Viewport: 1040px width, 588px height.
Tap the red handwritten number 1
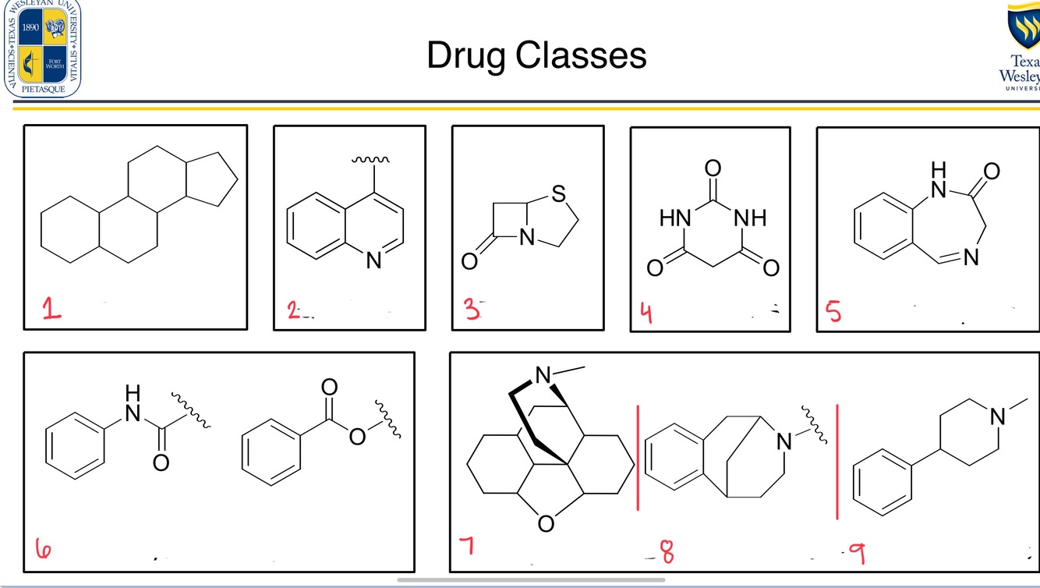51,310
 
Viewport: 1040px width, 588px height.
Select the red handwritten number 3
471,310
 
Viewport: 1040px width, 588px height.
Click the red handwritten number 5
833,312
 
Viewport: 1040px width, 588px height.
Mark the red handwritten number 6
44,550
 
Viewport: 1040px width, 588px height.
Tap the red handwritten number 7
465,546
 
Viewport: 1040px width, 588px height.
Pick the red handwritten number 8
667,551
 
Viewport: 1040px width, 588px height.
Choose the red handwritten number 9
856,554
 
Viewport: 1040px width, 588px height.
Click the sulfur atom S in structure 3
558,195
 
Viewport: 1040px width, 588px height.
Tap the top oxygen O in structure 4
712,168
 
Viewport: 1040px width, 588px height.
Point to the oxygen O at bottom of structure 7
546,523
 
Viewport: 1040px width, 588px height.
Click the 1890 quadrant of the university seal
31,28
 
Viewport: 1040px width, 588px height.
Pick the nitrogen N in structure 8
784,442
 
